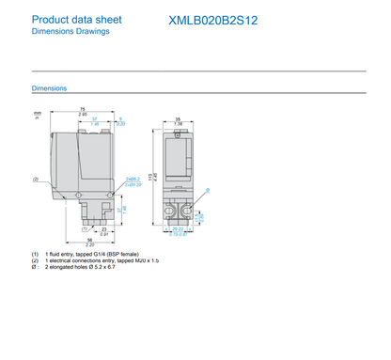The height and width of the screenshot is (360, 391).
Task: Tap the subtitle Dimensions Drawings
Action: coord(70,31)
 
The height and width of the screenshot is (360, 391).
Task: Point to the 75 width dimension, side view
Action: coord(83,110)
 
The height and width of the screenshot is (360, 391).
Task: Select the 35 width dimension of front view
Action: coord(179,118)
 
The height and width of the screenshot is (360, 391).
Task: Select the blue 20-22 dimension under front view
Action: coord(179,228)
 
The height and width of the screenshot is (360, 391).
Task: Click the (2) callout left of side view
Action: coord(35,179)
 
